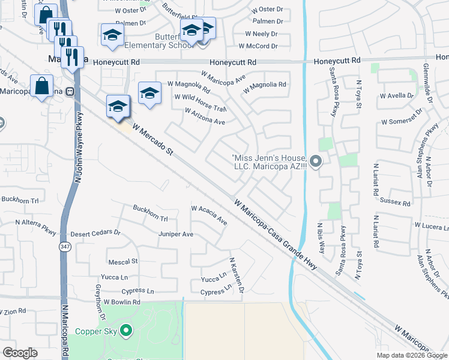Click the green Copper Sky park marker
[x=126, y=330]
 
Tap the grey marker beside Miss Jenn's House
[x=317, y=161]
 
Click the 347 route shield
[x=64, y=247]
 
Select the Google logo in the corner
[x=20, y=353]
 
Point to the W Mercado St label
[x=152, y=140]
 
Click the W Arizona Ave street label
[x=205, y=116]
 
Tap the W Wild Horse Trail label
[x=200, y=103]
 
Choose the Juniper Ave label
[x=176, y=234]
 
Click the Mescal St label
[x=122, y=262]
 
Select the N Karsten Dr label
[x=237, y=275]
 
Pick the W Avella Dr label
[x=397, y=95]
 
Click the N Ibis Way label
[x=321, y=238]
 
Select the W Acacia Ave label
[x=209, y=214]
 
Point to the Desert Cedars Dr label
[x=95, y=233]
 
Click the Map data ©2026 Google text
[x=411, y=355]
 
